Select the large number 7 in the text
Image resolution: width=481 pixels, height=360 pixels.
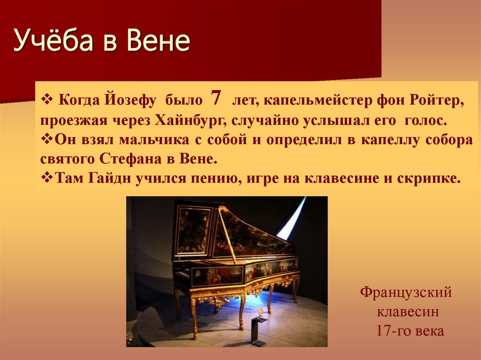click(x=216, y=99)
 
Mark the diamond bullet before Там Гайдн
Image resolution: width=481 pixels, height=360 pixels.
click(x=47, y=178)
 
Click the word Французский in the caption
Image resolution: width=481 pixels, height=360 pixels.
click(x=406, y=293)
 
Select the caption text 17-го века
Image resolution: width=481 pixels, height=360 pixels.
click(x=410, y=330)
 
